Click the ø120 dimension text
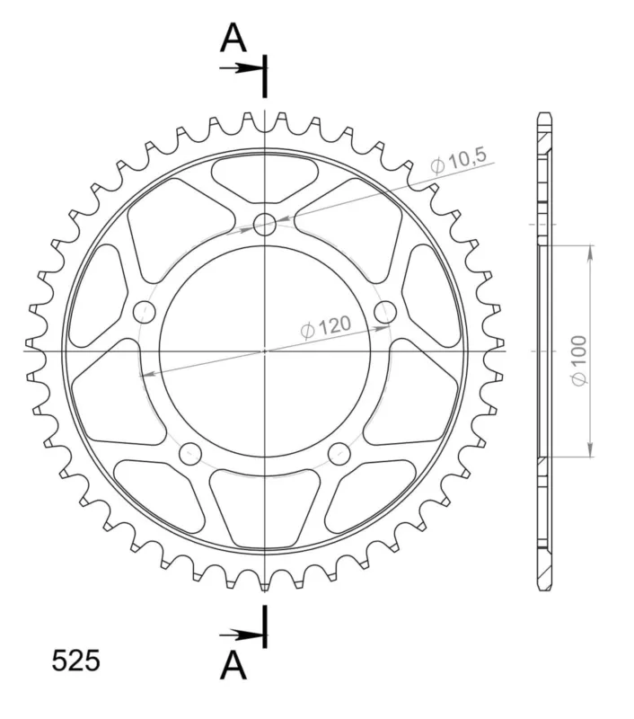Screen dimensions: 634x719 pos(326,326)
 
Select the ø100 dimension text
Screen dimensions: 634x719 pos(579,361)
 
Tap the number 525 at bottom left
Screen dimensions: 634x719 pos(75,661)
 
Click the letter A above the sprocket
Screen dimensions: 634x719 pos(233,38)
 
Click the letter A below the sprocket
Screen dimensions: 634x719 pos(233,665)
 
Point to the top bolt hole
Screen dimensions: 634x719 pos(265,224)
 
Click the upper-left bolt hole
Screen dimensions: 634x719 pos(145,312)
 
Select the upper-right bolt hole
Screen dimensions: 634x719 pos(385,312)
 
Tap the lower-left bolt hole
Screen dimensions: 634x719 pos(190,454)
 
